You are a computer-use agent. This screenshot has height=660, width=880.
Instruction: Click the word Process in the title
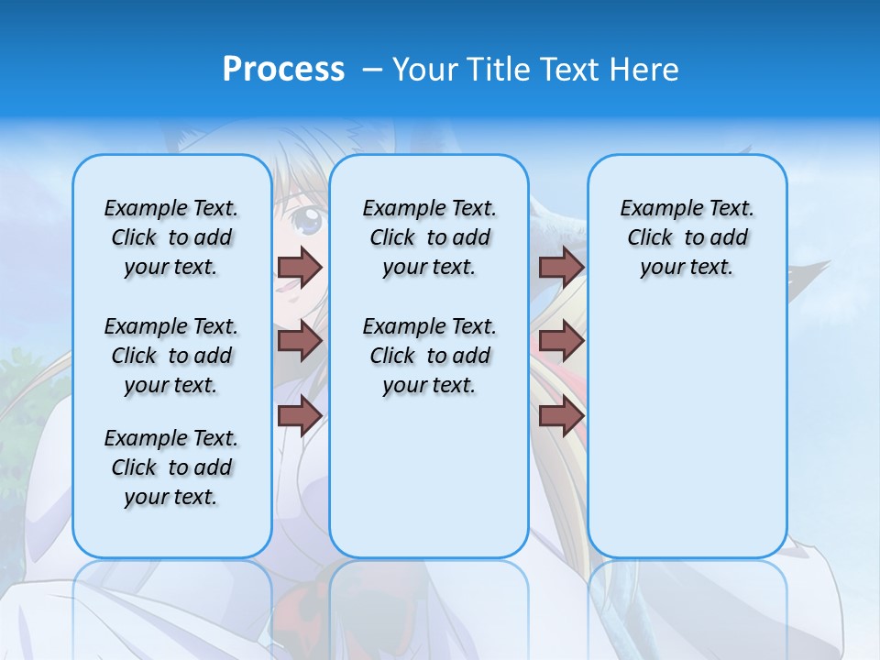[283, 70]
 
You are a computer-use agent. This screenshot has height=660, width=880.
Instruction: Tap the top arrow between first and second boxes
[300, 267]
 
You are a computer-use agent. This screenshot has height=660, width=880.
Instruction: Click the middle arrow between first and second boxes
[300, 342]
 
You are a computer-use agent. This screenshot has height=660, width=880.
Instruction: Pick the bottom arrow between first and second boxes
[300, 416]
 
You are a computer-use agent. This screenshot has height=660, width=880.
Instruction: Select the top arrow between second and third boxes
[561, 267]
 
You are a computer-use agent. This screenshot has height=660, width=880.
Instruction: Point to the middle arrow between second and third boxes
[561, 342]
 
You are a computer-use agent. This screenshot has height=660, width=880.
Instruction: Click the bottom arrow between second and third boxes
[561, 416]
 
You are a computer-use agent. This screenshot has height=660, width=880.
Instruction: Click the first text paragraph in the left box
[171, 237]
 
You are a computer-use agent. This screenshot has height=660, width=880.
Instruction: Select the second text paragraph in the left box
[171, 356]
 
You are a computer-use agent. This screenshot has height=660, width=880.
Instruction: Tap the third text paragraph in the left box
[171, 467]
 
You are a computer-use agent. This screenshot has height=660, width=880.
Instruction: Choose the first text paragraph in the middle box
[429, 237]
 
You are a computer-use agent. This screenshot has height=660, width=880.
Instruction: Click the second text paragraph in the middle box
[429, 356]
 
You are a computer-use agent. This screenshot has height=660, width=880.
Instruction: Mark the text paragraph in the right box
[687, 237]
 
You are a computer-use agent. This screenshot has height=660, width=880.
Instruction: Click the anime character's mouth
[287, 285]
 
